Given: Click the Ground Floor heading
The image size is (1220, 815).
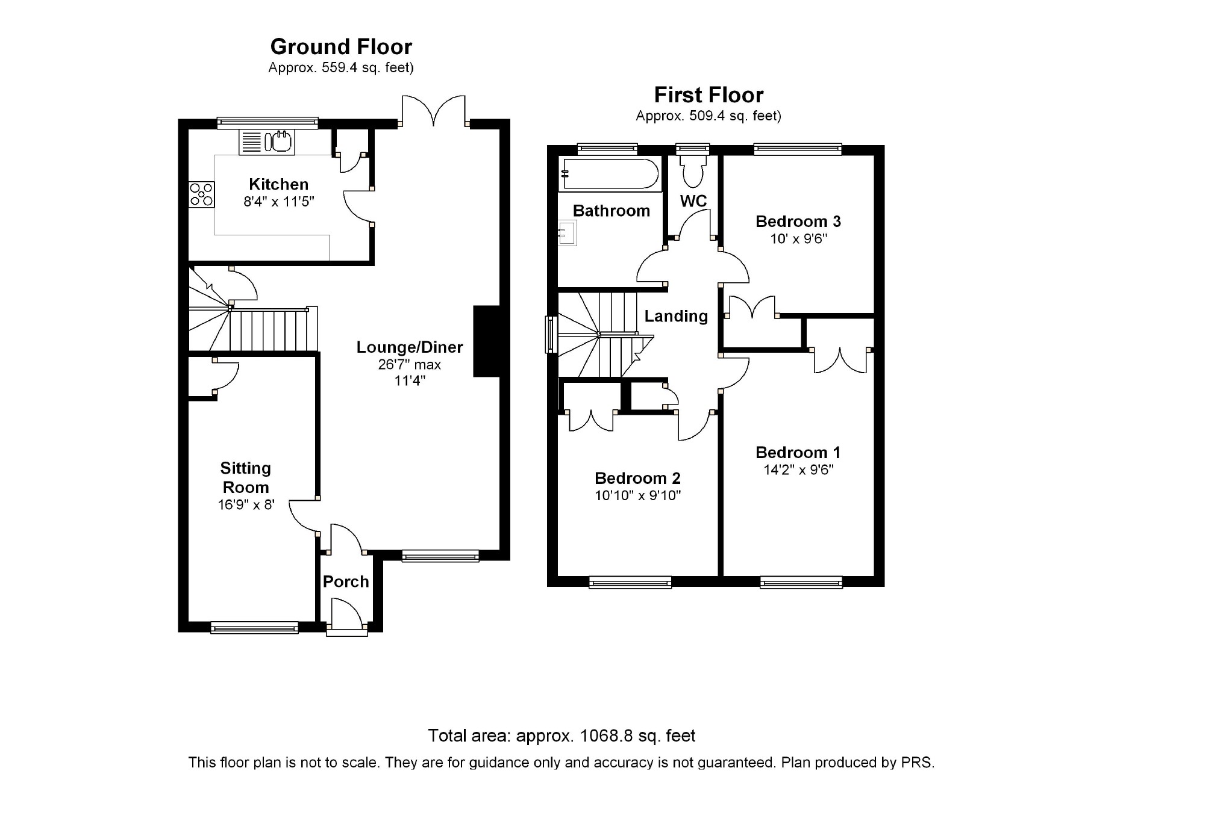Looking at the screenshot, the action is (341, 47).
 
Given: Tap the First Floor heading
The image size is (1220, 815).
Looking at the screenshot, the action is (709, 95).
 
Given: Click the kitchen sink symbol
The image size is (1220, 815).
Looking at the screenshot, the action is (267, 142).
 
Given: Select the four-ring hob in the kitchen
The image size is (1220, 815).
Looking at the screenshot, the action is (201, 194).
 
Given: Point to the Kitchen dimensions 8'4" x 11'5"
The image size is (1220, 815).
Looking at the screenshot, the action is (279, 202).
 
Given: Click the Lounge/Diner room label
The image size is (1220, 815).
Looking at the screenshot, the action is (410, 347).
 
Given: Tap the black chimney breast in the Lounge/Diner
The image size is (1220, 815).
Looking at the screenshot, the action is (487, 341).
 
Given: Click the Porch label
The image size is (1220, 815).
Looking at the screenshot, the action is (346, 581).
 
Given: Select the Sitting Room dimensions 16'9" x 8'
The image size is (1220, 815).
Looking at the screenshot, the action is (246, 504).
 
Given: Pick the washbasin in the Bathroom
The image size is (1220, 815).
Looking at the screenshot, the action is (568, 233).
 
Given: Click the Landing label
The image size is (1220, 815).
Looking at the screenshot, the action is (676, 316).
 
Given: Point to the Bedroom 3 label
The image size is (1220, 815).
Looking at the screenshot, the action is (798, 222).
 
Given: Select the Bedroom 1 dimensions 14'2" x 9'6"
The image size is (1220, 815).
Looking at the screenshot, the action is (798, 470).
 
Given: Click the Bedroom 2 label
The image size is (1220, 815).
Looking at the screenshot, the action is (637, 479).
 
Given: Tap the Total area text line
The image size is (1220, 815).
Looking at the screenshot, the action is (562, 736).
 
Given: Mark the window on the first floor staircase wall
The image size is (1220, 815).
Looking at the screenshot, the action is (551, 334).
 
